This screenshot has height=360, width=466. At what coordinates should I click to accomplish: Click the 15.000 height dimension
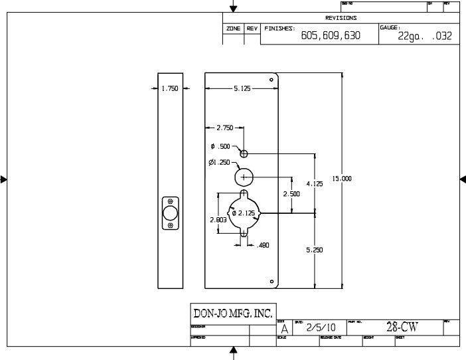[342, 179]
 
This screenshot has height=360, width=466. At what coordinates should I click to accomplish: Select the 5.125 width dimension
[242, 88]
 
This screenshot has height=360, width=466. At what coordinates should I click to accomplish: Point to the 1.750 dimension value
[169, 88]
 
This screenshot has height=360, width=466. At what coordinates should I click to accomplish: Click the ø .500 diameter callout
[220, 146]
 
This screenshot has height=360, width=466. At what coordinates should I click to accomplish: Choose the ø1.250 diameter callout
[219, 162]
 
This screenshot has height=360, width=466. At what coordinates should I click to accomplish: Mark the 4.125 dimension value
[315, 183]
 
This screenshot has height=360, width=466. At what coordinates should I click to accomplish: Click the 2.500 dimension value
[291, 194]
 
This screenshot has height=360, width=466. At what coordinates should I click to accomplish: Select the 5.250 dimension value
[315, 250]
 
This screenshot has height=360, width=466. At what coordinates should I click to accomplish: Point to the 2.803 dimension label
[218, 219]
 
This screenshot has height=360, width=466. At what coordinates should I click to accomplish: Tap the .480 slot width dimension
[263, 245]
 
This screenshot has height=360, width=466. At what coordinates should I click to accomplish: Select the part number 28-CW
[402, 327]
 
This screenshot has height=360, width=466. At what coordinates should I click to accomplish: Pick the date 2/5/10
[321, 327]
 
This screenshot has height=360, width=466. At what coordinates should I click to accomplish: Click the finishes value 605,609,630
[331, 36]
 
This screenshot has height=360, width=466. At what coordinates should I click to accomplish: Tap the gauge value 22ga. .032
[425, 36]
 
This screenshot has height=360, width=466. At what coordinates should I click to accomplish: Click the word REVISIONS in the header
[341, 18]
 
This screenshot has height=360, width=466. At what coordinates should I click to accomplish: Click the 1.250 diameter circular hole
[244, 177]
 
